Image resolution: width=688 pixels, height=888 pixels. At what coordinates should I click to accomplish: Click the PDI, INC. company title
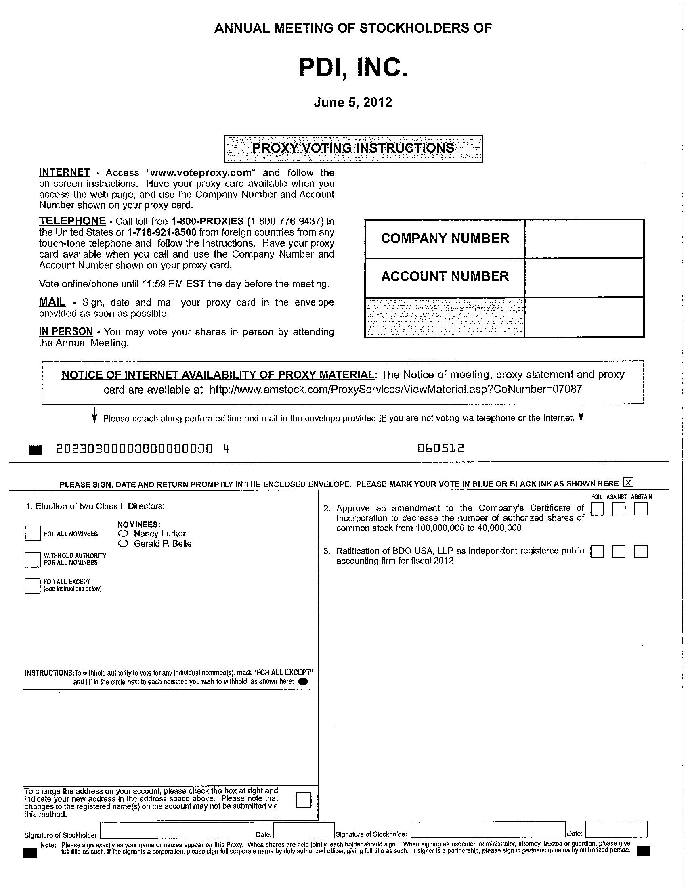point(352,68)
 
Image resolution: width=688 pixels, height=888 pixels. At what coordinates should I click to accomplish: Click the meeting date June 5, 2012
point(352,102)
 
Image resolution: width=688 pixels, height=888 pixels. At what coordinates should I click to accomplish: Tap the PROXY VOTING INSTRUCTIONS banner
point(353,149)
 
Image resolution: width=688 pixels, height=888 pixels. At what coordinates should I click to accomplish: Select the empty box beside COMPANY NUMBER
point(584,239)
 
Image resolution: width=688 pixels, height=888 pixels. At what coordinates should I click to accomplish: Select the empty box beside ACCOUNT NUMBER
point(584,277)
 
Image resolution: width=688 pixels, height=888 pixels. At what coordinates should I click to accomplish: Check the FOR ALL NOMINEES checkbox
point(33,533)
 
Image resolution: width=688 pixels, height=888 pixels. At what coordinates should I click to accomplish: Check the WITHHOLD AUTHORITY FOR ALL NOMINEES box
point(33,559)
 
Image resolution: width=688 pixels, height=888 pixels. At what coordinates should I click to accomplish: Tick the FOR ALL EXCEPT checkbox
point(33,586)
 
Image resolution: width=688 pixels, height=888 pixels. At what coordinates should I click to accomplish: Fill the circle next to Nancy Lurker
point(123,534)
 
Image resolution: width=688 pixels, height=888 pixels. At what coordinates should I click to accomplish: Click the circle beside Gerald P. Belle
point(123,544)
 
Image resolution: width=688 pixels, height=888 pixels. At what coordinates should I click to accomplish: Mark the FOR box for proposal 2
point(597,509)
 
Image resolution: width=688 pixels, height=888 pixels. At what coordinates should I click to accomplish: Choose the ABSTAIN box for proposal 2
point(640,509)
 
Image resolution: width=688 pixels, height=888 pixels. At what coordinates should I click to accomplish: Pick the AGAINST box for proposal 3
point(619,552)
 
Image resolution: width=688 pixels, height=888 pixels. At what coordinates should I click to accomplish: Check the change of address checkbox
point(304,800)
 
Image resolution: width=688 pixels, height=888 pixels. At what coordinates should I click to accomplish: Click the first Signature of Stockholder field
point(177,830)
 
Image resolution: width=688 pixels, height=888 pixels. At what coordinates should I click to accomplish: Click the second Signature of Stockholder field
point(488,830)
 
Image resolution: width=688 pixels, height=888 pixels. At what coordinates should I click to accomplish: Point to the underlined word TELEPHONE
point(72,221)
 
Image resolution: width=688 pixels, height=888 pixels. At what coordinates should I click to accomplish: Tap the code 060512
point(441,448)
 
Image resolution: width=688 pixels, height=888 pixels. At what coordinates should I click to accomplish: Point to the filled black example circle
point(303,682)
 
